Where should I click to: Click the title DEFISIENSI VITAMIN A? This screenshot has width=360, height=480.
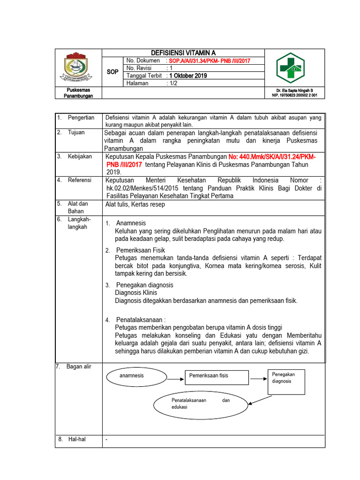click(183, 53)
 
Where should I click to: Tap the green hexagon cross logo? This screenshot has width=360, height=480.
click(289, 68)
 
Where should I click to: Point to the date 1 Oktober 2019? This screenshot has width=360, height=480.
click(187, 75)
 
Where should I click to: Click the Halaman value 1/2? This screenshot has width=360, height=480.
click(174, 83)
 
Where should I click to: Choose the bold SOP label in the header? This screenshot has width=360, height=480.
click(112, 72)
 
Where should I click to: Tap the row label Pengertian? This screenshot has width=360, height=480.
click(81, 118)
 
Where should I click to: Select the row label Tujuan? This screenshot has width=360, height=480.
click(76, 132)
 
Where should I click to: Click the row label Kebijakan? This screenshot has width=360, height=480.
click(80, 156)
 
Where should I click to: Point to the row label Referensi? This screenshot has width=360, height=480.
click(80, 180)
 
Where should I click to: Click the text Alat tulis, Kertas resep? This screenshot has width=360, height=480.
click(135, 204)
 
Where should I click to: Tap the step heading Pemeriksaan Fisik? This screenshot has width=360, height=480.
click(140, 250)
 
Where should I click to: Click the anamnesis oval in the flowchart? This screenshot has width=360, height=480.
click(132, 376)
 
